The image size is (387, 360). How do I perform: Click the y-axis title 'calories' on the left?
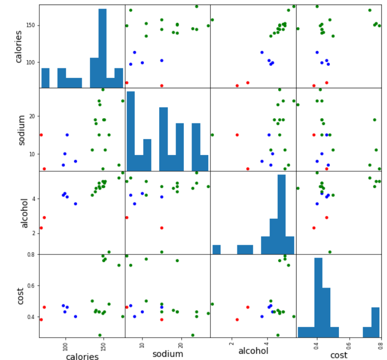tap(18, 46)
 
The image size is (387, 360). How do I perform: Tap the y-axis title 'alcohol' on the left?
tap(25, 212)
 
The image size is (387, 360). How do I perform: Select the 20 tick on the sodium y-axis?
tap(33, 116)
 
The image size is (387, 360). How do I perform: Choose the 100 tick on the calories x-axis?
tap(65, 346)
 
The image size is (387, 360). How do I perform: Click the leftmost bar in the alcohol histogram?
tap(216, 249)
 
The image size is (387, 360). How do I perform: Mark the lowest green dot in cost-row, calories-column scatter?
tap(100, 335)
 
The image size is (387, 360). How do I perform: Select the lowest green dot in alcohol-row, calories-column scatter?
tap(109, 252)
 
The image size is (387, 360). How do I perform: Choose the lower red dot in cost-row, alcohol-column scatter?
tap(237, 320)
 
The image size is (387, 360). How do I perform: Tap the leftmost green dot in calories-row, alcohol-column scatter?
tap(212, 20)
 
